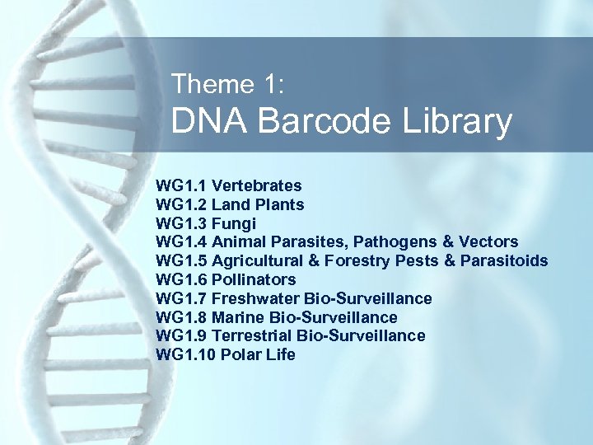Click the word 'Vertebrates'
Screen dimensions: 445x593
coord(256,185)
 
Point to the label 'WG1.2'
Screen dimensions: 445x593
coord(181,204)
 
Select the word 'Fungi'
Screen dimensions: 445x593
coord(234,223)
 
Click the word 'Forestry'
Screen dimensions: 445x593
coord(359,261)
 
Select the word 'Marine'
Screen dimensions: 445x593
coord(238,317)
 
